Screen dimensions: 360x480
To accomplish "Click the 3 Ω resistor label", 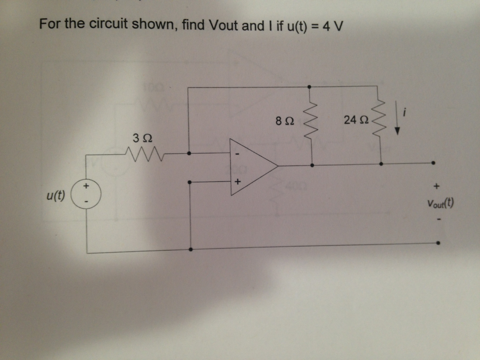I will coord(142,138).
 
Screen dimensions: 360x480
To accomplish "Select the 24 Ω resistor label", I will coord(353,120).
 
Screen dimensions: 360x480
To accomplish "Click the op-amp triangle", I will coord(251,166).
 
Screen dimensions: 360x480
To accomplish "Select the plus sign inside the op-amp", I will coord(238,180).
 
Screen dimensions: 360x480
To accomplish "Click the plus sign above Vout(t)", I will coord(437,187).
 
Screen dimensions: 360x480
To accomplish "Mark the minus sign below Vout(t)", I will coord(438,218).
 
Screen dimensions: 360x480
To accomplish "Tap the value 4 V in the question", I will coord(335,25).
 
